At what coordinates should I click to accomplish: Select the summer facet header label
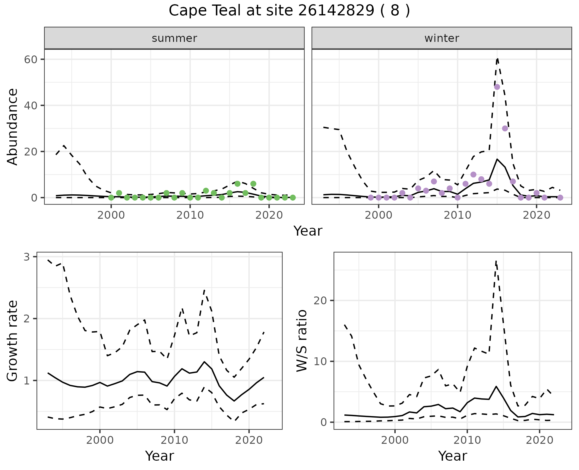174,38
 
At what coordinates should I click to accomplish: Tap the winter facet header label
441,38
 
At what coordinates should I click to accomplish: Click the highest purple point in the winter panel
497,87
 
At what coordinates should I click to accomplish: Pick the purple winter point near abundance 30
505,128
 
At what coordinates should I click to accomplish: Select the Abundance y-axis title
12,127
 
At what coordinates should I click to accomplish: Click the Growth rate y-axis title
12,340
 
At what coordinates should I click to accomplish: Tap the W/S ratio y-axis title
302,340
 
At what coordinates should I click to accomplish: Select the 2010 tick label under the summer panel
190,215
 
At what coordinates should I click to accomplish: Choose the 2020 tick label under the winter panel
536,215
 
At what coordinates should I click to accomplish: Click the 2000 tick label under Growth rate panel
100,440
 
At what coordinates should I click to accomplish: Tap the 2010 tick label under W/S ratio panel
467,440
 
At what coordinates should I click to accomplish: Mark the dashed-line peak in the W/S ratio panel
496,261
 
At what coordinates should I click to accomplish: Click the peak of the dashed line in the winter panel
497,58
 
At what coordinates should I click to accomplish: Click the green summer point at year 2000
111,198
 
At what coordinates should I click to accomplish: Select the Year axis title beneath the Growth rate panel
160,456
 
